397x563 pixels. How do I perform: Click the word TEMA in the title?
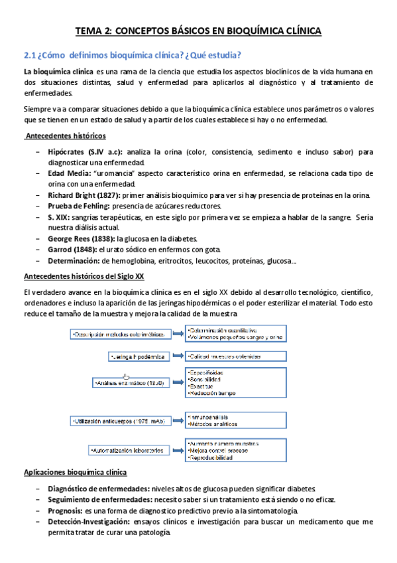89,31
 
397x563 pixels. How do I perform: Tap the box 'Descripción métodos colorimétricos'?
121,334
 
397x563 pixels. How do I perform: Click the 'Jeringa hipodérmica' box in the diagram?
137,357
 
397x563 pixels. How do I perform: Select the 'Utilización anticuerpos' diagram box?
120,421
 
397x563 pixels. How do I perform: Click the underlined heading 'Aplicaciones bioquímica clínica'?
75,472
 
